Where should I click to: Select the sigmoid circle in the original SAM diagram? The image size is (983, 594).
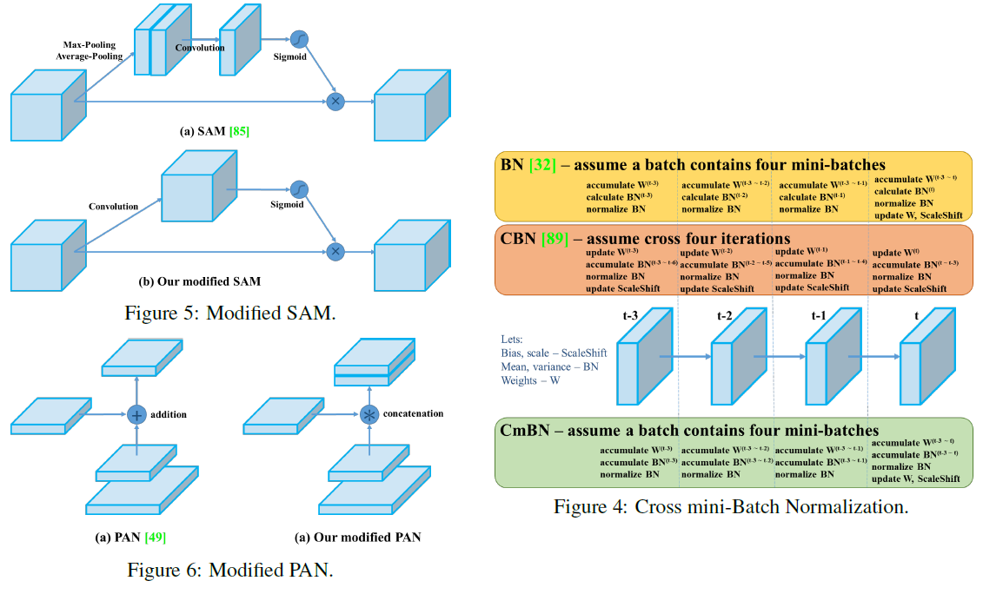[300, 39]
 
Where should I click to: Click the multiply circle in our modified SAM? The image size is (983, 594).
[335, 252]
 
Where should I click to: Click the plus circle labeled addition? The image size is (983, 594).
[136, 415]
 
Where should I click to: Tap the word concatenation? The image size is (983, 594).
[414, 415]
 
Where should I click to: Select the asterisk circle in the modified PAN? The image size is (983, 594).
[370, 415]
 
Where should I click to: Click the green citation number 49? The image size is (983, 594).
[154, 538]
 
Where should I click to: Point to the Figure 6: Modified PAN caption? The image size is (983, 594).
[229, 570]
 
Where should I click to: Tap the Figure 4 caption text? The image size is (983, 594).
[731, 507]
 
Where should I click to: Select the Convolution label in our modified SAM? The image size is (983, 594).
[113, 207]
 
